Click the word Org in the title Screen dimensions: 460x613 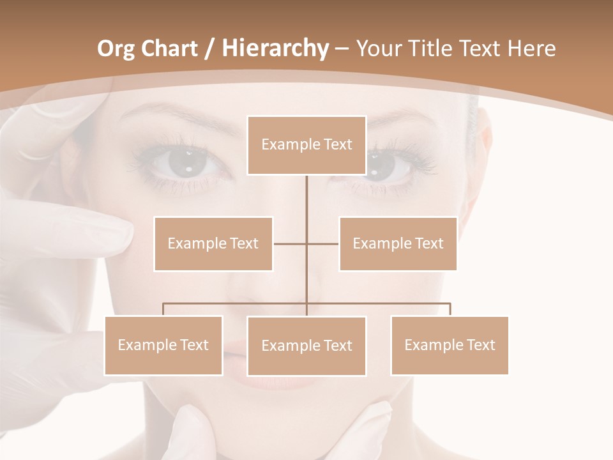(116, 49)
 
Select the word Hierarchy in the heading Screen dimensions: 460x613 (274, 49)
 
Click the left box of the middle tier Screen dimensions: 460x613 (213, 243)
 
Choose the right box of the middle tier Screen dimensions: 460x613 (398, 243)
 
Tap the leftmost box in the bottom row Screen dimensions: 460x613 (163, 345)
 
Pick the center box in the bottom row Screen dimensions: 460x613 (306, 346)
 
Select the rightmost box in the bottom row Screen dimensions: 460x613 (450, 345)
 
